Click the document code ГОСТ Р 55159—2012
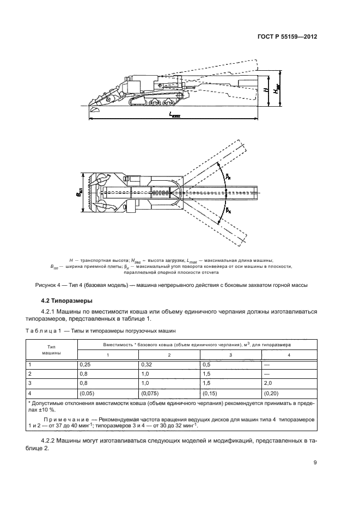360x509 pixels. point(286,38)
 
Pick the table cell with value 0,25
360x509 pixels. point(84,364)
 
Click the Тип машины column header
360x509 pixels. point(52,349)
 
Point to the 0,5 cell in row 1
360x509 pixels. point(206,364)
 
